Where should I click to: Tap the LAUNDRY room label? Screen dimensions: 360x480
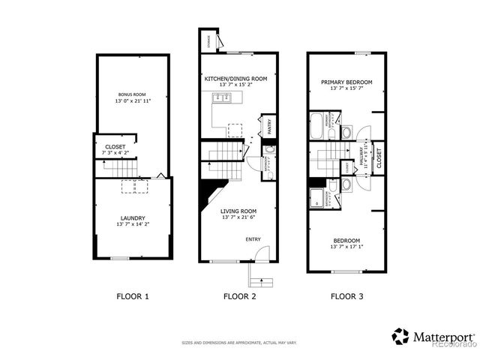tap(133, 217)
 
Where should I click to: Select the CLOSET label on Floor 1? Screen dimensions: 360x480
tap(115, 147)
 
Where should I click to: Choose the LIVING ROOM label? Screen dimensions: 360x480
tap(238, 211)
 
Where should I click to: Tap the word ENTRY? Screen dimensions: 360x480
tap(254, 239)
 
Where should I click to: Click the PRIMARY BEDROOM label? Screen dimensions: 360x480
tap(346, 82)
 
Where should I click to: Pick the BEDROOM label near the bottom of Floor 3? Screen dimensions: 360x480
tap(346, 240)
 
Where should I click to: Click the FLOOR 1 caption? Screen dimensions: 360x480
tap(133, 296)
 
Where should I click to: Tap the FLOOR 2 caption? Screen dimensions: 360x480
tap(240, 296)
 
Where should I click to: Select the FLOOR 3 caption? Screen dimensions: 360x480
tap(347, 296)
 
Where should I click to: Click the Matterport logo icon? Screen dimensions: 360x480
tap(400, 336)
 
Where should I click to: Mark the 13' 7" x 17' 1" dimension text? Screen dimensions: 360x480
tap(346, 247)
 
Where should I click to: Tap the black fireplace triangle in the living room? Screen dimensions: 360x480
tap(208, 193)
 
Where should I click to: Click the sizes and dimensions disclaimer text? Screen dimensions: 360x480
tap(240, 343)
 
